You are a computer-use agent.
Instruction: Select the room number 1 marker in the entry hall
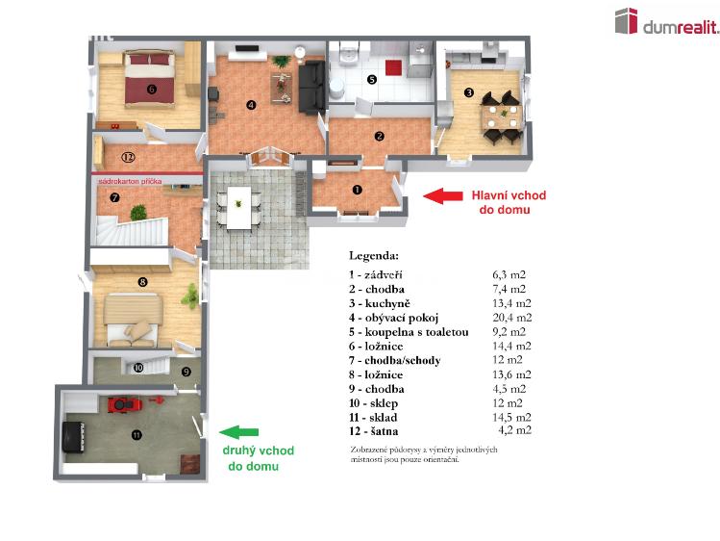click(357, 190)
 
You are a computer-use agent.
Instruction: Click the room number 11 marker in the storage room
click(136, 435)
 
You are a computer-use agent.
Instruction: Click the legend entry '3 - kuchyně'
click(383, 303)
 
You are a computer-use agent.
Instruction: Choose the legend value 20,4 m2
click(509, 318)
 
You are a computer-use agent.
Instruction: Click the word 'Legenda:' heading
click(374, 257)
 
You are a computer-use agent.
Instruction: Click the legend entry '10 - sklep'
click(379, 403)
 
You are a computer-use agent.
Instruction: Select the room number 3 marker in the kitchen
click(468, 92)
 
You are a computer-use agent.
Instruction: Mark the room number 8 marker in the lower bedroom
click(142, 282)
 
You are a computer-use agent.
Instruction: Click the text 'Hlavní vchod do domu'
click(508, 203)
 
